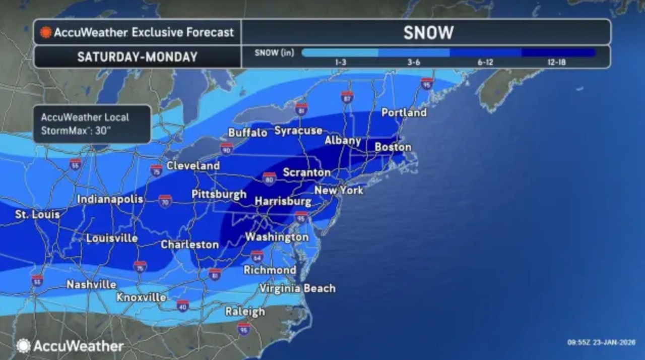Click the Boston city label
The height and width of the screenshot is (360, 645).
pos(393,147)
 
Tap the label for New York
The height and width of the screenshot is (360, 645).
pos(339,191)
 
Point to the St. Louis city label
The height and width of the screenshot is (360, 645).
pos(37,215)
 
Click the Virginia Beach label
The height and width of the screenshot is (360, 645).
pos(297,288)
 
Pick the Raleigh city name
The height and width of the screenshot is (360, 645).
pos(245,312)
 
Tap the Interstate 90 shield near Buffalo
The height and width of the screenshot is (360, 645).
pos(227,149)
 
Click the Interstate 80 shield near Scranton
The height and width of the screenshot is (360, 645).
pos(270,178)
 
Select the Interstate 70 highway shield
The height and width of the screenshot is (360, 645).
pos(165,201)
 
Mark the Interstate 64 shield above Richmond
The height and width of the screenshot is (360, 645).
pos(257,256)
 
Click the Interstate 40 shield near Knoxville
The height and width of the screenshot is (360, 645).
pos(182,306)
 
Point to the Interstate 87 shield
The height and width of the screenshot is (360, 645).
pos(347,97)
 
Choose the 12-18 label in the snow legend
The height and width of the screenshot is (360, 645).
pos(556,62)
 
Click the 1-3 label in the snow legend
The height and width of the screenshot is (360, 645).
pos(340,62)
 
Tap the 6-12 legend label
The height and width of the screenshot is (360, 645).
pos(485,62)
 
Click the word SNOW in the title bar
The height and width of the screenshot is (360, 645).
pos(428,33)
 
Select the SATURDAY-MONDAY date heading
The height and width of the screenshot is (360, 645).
pos(137,57)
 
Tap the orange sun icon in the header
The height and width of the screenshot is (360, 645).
pos(46,33)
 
